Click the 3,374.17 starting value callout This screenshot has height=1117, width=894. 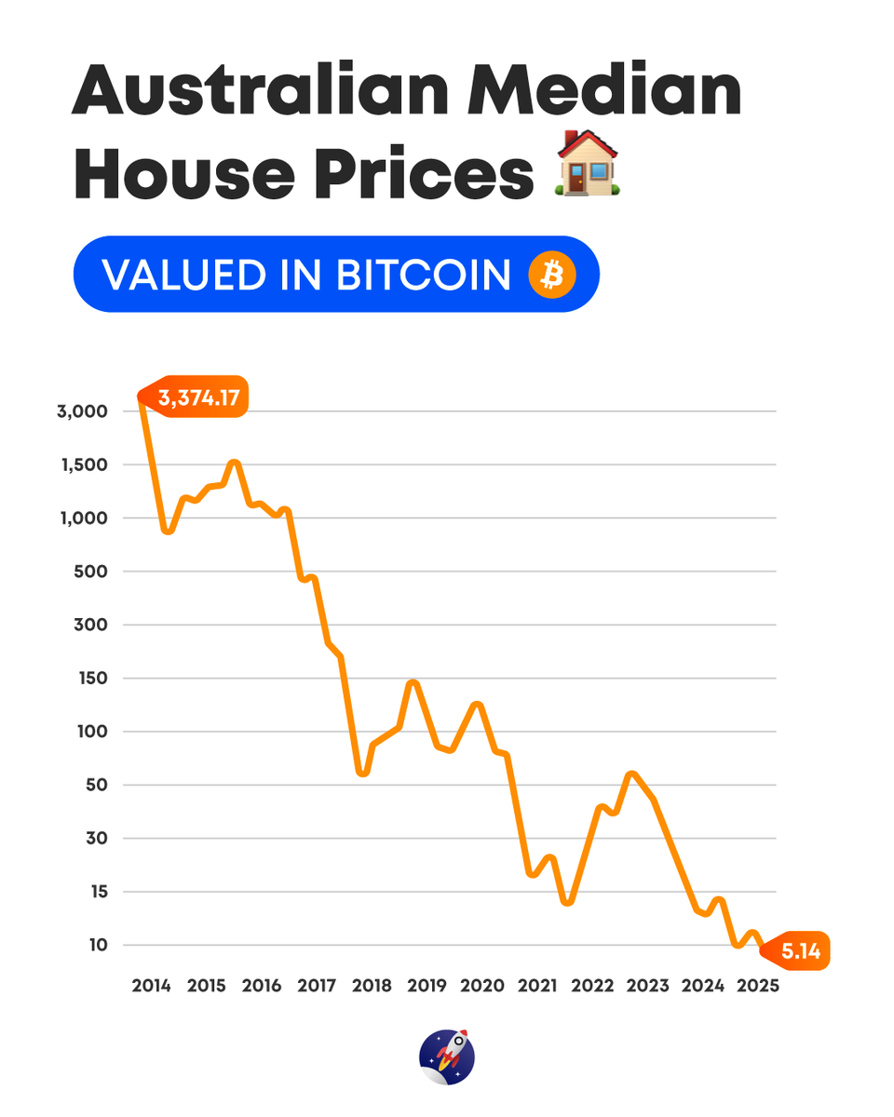[x=198, y=398]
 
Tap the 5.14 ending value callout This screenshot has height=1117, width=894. [x=800, y=951]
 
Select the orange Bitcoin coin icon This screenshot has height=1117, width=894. [x=552, y=276]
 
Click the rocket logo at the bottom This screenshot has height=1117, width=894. [x=447, y=1057]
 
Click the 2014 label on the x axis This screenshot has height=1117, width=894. [x=151, y=986]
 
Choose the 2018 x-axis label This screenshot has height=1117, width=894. [x=372, y=986]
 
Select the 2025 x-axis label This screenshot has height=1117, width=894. [x=757, y=986]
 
